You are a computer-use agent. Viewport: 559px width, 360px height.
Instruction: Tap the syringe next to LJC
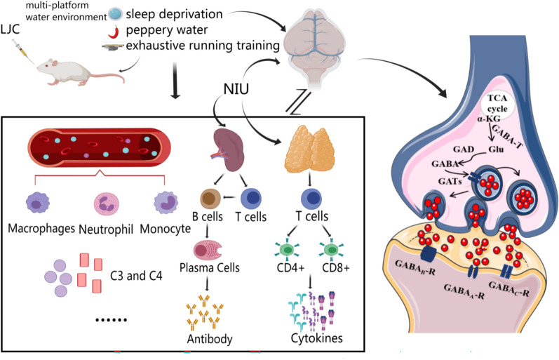[x=15, y=49]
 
